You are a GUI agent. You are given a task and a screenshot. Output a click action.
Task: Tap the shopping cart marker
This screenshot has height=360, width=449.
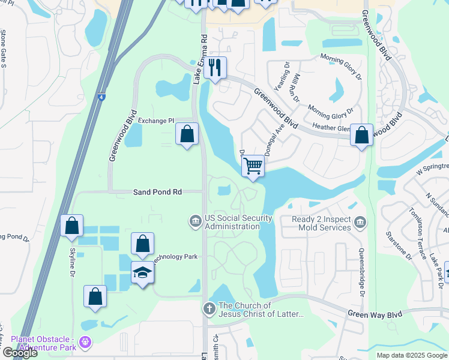253,165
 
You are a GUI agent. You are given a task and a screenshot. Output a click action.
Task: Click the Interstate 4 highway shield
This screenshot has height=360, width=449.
99,95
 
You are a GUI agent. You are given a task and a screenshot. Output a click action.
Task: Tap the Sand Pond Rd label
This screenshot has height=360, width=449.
157,192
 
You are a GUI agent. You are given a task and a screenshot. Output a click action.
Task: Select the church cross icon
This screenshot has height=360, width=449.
209,309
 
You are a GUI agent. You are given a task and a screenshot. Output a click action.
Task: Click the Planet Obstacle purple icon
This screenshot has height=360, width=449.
86,343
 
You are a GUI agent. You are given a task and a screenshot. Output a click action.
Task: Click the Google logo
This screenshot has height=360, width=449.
20,353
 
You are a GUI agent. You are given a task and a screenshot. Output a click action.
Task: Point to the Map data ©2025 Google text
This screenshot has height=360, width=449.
412,355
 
